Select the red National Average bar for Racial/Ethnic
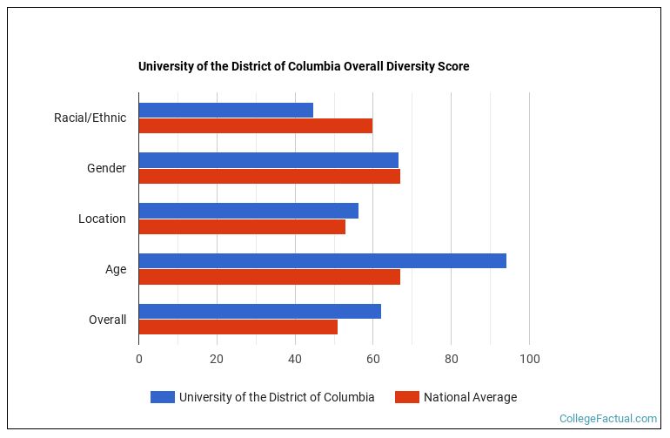[x=255, y=125]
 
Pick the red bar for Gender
[x=269, y=176]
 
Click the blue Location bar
[x=248, y=211]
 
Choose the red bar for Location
[x=242, y=226]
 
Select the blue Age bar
[x=322, y=261]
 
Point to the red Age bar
[x=269, y=277]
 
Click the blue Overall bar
[x=259, y=312]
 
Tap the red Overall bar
[x=238, y=327]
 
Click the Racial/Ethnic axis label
[x=90, y=118]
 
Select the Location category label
[x=102, y=219]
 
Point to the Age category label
[x=116, y=269]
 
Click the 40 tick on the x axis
[x=295, y=359]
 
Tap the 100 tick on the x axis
[x=529, y=359]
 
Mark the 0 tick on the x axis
[x=138, y=359]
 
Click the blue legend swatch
[x=162, y=397]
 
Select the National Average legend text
[x=470, y=397]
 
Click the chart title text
[x=304, y=66]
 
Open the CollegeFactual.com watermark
[x=607, y=419]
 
